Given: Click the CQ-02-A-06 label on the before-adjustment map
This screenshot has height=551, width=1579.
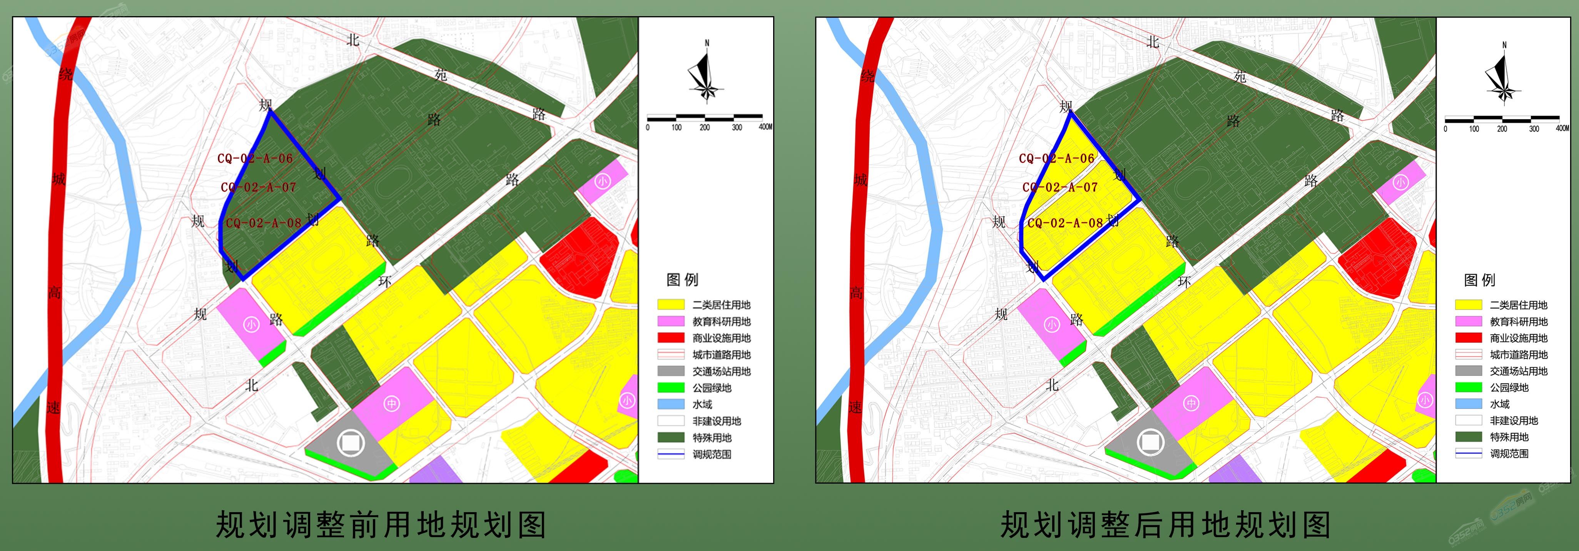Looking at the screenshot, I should pyautogui.click(x=255, y=158).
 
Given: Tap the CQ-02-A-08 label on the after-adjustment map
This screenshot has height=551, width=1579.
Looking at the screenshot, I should pyautogui.click(x=1065, y=223).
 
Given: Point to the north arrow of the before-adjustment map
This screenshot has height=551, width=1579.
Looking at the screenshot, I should pyautogui.click(x=706, y=73).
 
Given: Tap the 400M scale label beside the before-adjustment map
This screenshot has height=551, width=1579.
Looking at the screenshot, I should pyautogui.click(x=765, y=127).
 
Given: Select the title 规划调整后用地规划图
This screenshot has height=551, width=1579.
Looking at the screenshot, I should pyautogui.click(x=1165, y=525).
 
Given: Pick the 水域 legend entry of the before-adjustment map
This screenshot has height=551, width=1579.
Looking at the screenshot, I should pyautogui.click(x=702, y=404).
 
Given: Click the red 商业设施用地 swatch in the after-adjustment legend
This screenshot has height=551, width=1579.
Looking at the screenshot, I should pyautogui.click(x=1468, y=338).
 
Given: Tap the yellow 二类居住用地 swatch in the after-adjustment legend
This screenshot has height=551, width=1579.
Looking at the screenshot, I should pyautogui.click(x=1468, y=305).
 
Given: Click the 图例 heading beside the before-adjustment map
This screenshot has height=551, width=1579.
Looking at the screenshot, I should pyautogui.click(x=682, y=280).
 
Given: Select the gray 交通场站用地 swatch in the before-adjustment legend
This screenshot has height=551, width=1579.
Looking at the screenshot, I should pyautogui.click(x=671, y=371).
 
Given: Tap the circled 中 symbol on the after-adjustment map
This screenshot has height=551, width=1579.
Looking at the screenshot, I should pyautogui.click(x=1190, y=403).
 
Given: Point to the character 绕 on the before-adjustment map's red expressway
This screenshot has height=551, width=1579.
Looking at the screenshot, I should pyautogui.click(x=65, y=75).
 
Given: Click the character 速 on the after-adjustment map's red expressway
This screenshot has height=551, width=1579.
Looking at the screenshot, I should pyautogui.click(x=855, y=407).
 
